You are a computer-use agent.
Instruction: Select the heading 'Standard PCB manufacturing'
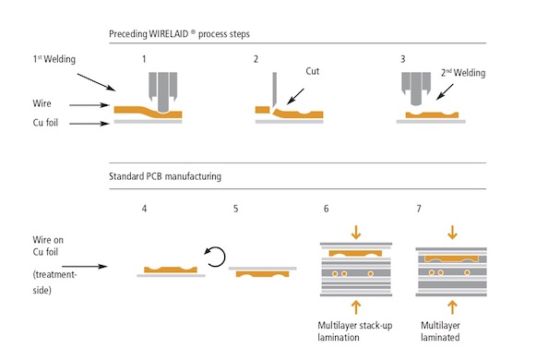(x=168, y=173)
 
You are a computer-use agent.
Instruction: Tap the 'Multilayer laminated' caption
(x=447, y=331)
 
